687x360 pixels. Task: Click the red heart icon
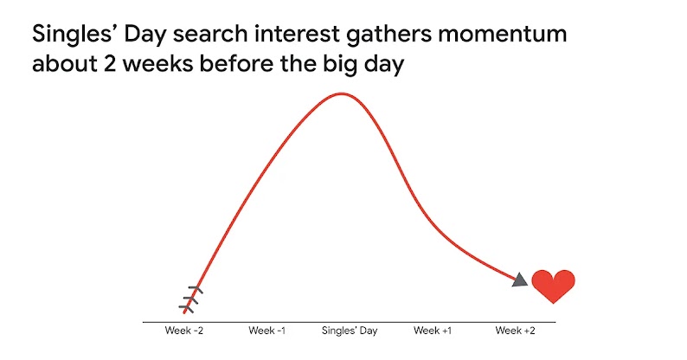pos(553,286)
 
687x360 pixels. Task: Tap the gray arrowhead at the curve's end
pos(521,280)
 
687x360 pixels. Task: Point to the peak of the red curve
pos(343,93)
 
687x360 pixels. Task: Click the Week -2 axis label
pos(184,331)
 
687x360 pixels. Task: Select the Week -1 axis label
pos(266,331)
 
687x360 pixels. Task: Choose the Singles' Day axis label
pos(349,331)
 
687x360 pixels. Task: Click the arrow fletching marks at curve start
pos(191,297)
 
